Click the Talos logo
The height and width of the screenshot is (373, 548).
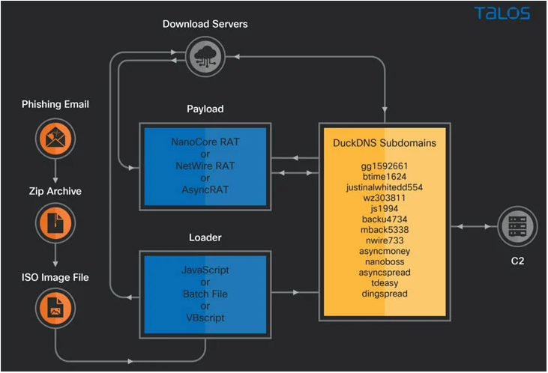(502, 13)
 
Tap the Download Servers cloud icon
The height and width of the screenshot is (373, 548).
(205, 57)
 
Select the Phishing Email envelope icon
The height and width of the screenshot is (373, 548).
(55, 139)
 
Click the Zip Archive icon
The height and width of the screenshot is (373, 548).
(55, 223)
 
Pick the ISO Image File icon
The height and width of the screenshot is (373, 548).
(55, 308)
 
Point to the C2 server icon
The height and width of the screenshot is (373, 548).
(517, 226)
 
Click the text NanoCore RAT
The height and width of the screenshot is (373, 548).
(205, 142)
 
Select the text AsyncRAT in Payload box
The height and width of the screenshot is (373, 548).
(205, 189)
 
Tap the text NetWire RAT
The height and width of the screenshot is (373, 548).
(205, 166)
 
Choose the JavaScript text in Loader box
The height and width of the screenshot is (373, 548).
(205, 270)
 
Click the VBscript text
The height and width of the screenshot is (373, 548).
(205, 318)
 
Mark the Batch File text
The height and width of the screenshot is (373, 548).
(205, 294)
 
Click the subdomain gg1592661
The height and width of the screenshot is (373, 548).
(385, 166)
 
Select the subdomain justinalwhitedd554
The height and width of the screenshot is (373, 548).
(385, 187)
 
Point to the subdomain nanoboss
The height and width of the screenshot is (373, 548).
(385, 261)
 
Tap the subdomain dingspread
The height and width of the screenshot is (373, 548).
(385, 294)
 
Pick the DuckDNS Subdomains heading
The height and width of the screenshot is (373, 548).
(385, 143)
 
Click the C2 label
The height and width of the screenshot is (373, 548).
(517, 261)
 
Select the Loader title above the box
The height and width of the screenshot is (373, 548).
(205, 237)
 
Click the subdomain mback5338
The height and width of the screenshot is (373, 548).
(385, 230)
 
